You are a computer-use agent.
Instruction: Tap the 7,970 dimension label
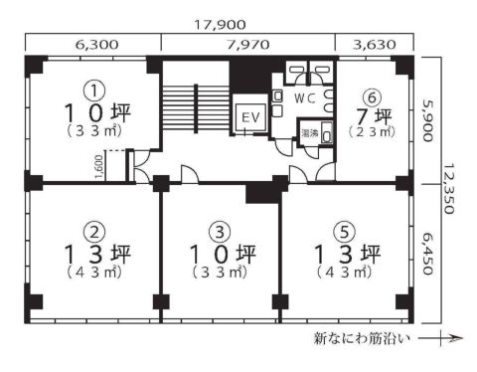coord(247,44)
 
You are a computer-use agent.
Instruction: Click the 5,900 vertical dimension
coord(429,119)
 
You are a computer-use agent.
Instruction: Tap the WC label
coord(305,97)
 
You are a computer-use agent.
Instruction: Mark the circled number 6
coord(371,95)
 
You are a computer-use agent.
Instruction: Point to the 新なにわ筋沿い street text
coord(362,339)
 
